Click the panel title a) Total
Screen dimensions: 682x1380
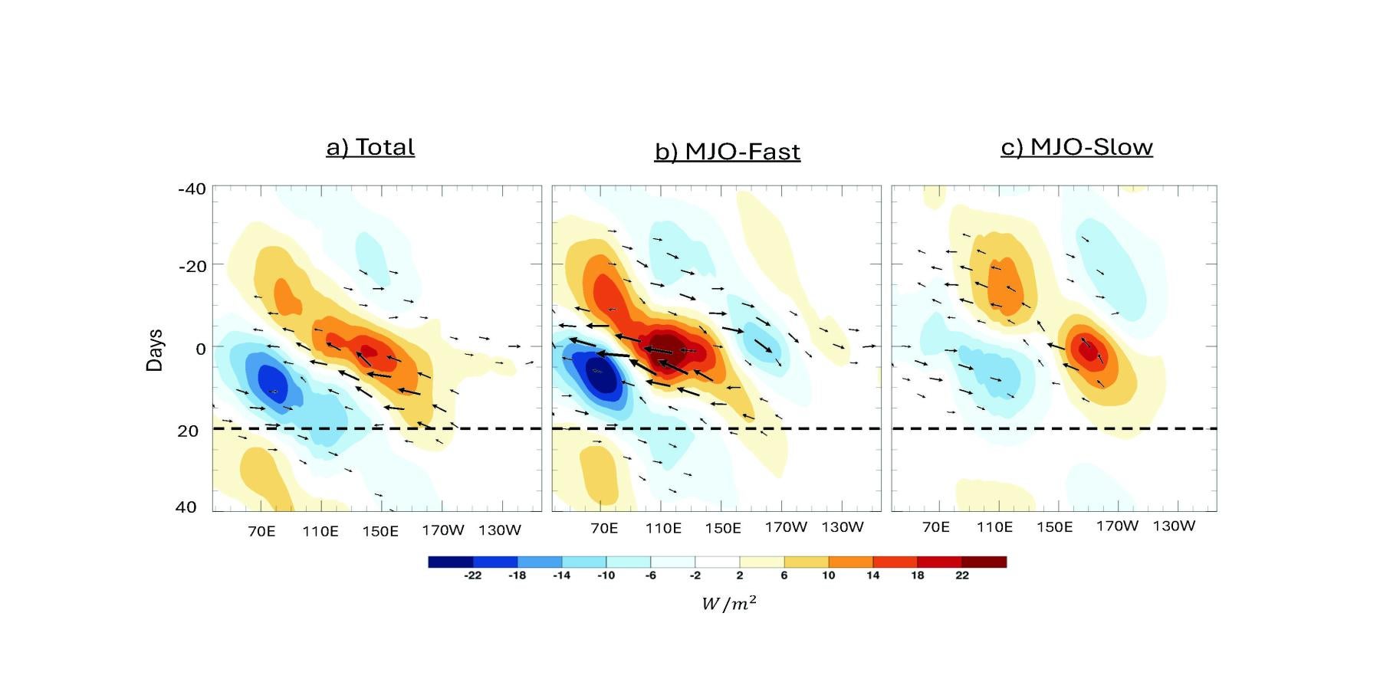coord(370,147)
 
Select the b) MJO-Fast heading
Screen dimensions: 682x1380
coord(727,152)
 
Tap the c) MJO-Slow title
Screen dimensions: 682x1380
coord(1076,147)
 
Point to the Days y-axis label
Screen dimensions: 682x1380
coord(155,350)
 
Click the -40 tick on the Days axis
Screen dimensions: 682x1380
coord(192,189)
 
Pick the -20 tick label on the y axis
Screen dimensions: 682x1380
coord(192,267)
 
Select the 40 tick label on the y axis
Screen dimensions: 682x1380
coord(186,507)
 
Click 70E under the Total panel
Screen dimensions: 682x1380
coord(261,531)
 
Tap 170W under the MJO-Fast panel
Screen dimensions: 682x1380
coord(786,527)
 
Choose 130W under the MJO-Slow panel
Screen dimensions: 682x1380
coord(1174,526)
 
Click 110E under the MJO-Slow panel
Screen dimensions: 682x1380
coord(994,527)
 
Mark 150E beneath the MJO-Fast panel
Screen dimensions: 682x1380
coord(723,528)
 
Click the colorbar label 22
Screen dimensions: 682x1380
coord(962,575)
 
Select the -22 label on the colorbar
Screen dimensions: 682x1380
coord(472,575)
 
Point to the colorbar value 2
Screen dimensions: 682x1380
coord(739,575)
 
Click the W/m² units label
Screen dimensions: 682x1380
coord(729,604)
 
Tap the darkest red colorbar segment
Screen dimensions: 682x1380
coord(984,562)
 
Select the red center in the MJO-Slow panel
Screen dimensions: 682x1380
coord(1086,351)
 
